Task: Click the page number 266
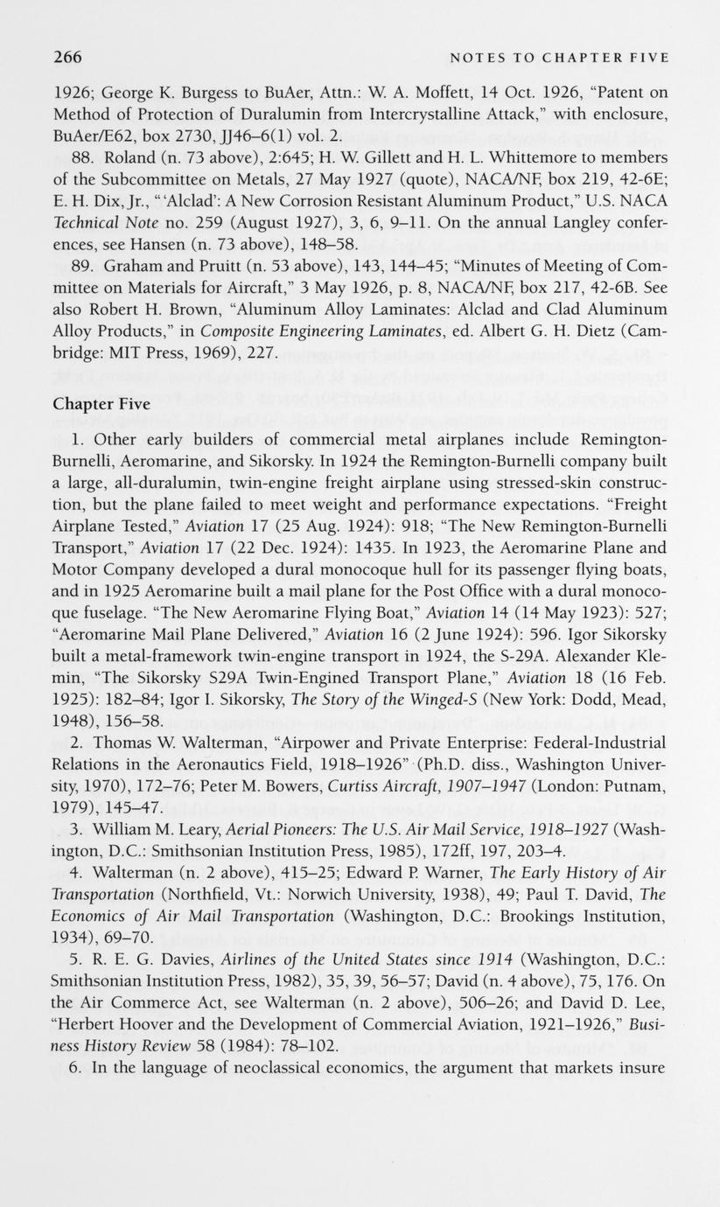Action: (67, 58)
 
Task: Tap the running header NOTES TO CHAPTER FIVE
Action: (559, 59)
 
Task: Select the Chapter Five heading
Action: (101, 404)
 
